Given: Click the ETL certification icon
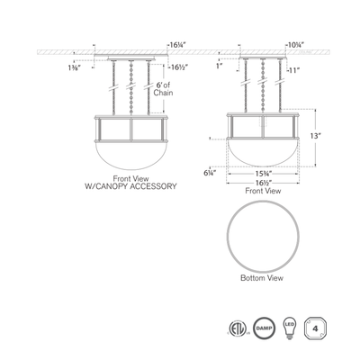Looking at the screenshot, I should click(237, 325).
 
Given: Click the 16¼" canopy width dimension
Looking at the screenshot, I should click(177, 42).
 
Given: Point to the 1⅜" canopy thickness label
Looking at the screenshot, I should click(72, 67).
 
